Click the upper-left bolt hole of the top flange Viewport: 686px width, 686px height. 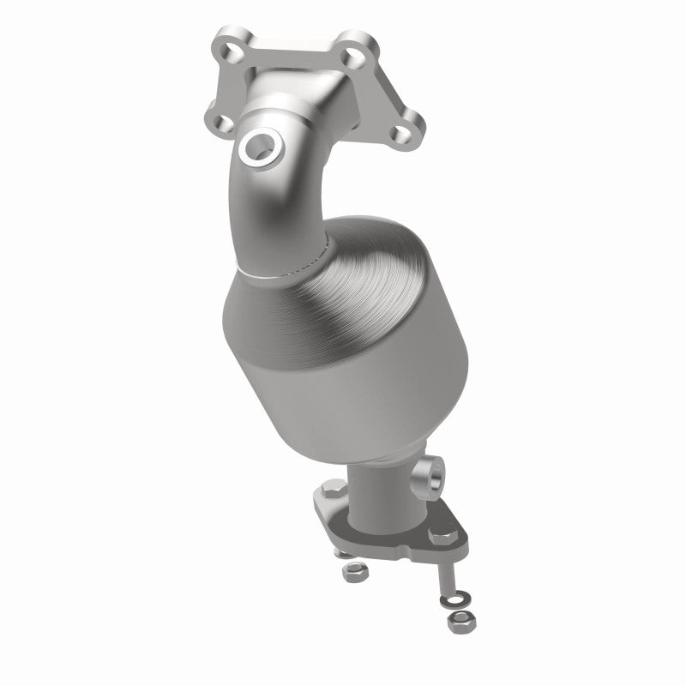(231, 52)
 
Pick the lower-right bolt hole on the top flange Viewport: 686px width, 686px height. (410, 130)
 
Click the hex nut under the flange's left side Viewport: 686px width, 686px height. (352, 569)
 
